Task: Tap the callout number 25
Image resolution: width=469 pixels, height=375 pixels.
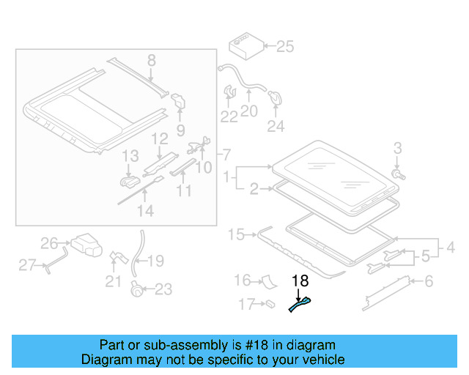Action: point(284,48)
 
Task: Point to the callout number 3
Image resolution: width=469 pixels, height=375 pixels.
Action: point(397,149)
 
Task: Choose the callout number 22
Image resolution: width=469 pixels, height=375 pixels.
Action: point(229,116)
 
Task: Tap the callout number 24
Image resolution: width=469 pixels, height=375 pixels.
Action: point(275,127)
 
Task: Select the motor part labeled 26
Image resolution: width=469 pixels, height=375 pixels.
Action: point(86,245)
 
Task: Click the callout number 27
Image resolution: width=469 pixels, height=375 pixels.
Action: point(27,265)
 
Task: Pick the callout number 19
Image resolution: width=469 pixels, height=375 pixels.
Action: point(156,261)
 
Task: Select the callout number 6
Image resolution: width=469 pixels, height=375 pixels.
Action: point(429,281)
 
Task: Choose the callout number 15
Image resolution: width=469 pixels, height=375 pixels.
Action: point(236,235)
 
